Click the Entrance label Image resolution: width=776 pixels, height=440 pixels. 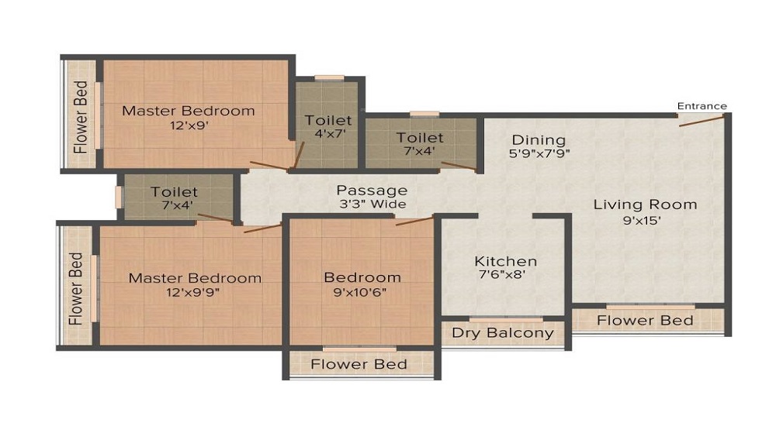tap(702, 106)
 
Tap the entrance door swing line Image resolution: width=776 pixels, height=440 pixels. tap(702, 120)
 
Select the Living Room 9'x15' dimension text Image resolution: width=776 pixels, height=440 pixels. tap(642, 220)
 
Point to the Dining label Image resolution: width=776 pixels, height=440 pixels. tap(539, 140)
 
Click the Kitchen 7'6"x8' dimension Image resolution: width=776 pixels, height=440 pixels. tap(501, 274)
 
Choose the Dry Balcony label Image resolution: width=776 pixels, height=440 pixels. tap(502, 333)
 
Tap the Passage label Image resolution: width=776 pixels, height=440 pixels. tap(372, 191)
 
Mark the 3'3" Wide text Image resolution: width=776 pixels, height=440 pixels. tap(372, 204)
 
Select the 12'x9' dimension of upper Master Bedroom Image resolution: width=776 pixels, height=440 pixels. tap(189, 125)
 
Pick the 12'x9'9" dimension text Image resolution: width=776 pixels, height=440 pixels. tap(192, 292)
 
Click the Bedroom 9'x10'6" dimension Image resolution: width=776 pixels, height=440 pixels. tap(360, 292)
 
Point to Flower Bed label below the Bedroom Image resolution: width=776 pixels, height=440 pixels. tap(359, 364)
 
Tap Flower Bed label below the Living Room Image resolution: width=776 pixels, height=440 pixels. tap(645, 321)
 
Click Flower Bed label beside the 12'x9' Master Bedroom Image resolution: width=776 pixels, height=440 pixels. tap(81, 117)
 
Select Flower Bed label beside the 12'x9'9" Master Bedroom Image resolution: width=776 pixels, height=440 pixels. tap(76, 289)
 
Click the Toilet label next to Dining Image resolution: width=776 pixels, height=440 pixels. tap(420, 138)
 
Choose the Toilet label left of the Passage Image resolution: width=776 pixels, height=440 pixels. tap(174, 191)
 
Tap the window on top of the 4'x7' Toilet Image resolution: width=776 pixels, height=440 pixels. tap(329, 77)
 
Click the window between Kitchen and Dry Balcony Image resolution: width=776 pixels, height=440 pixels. tap(506, 320)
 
